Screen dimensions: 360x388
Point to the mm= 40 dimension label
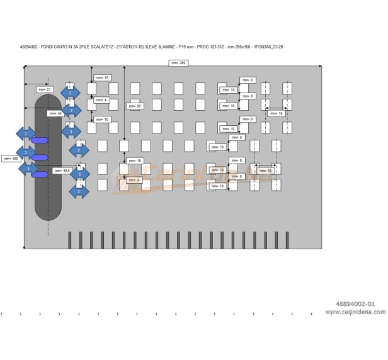click(55, 113)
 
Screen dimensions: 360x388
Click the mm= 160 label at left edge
click(11, 159)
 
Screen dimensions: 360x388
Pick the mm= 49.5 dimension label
click(62, 170)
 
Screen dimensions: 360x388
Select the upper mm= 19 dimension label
click(276, 113)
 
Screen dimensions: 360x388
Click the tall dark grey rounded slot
click(48, 157)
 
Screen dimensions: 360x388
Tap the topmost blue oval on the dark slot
click(40, 140)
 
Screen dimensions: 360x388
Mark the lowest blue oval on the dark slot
click(40, 174)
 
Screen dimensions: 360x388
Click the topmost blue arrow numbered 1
click(71, 93)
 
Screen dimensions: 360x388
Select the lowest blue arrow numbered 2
click(79, 191)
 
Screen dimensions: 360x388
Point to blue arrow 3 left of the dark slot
click(28, 168)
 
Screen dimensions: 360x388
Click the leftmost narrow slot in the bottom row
click(70, 240)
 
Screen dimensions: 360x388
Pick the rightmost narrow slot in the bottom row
click(287, 240)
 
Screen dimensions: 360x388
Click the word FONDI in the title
click(49, 47)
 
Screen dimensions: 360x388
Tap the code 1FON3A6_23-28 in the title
click(268, 47)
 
